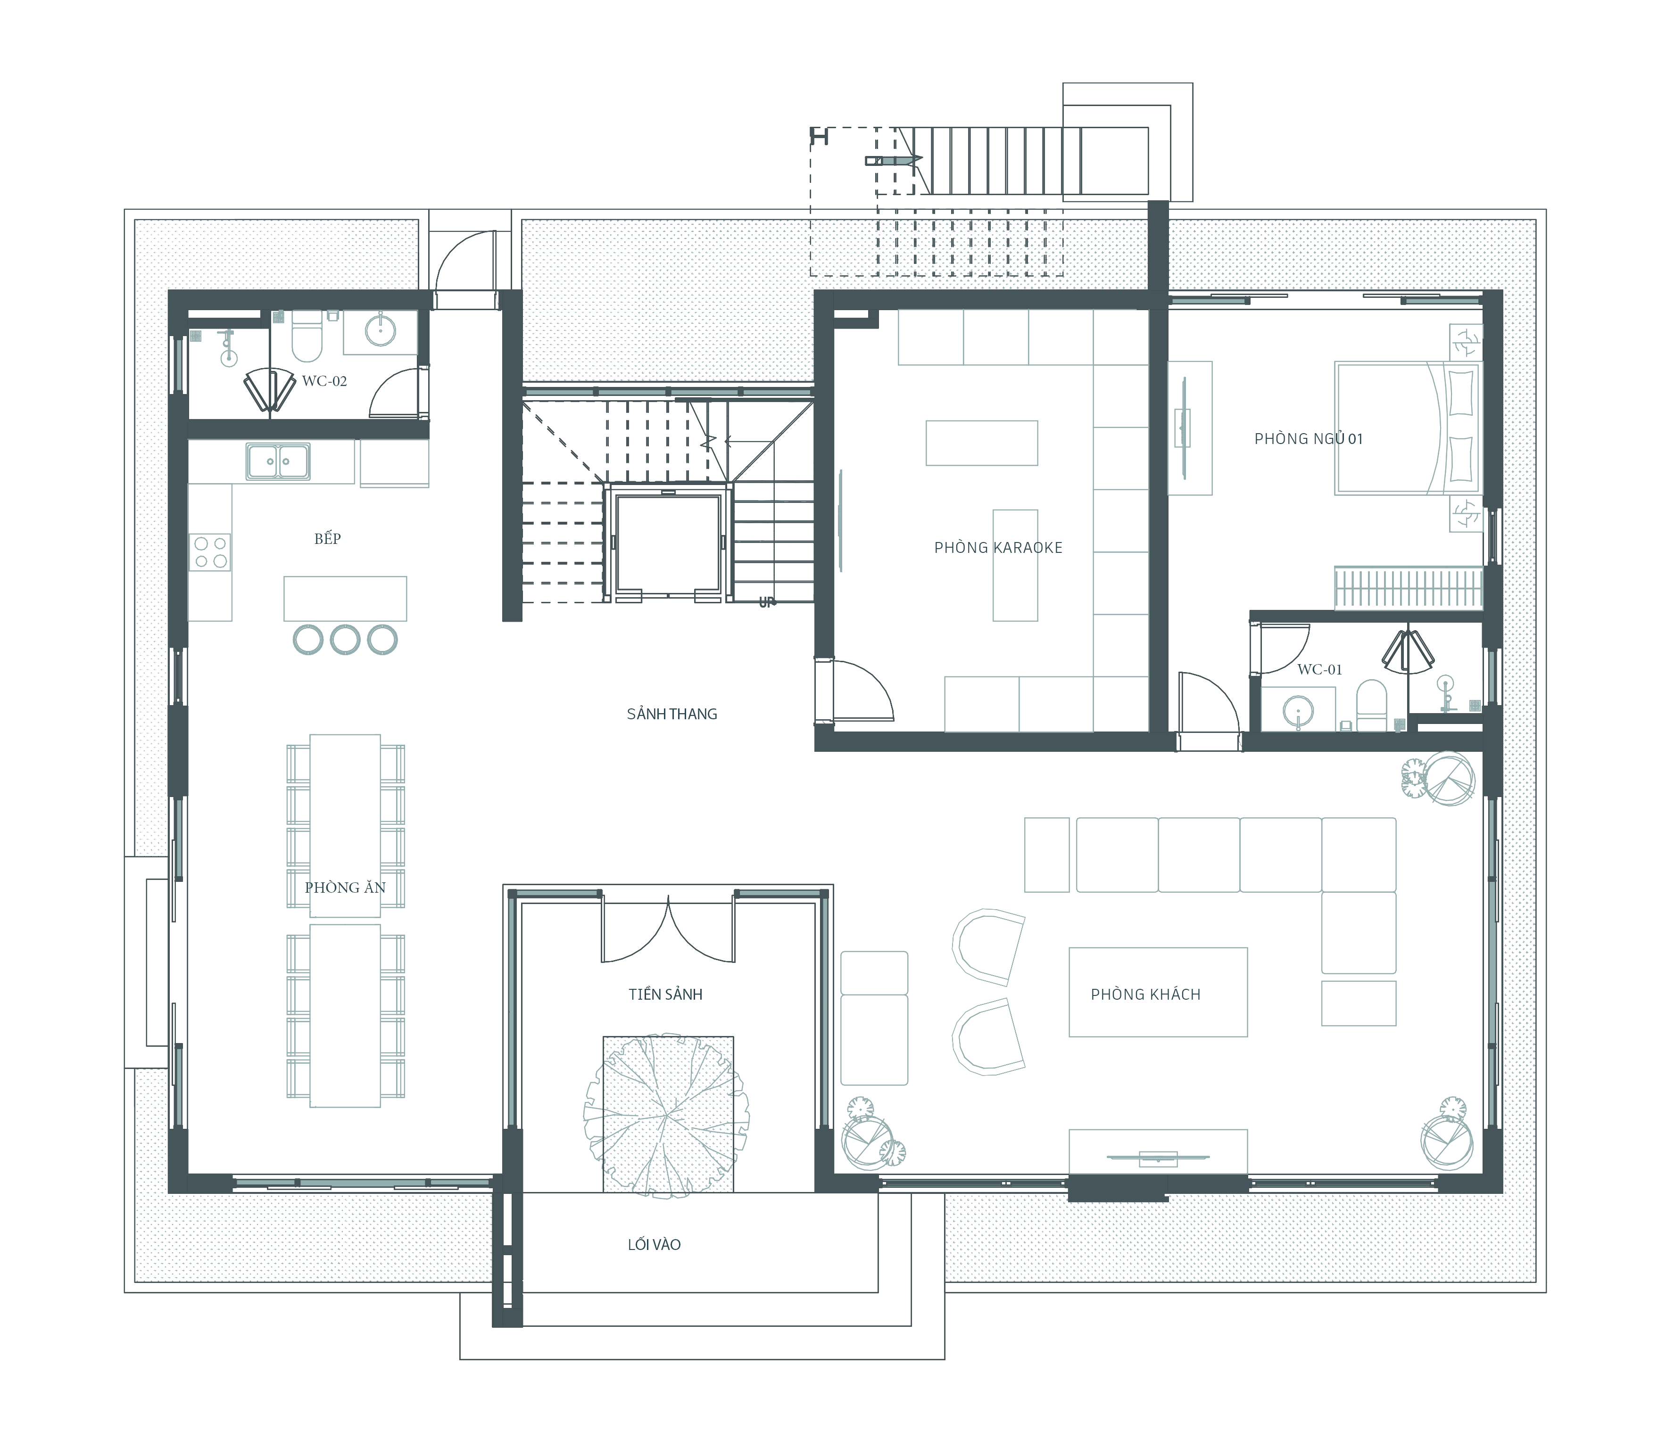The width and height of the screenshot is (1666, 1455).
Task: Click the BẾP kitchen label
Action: pos(327,538)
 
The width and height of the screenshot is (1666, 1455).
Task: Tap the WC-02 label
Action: pos(324,381)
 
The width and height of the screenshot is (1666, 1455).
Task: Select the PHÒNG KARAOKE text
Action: pos(998,547)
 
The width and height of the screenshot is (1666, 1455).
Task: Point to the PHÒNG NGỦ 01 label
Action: pos(1309,438)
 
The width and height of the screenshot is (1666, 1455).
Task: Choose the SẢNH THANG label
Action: pos(672,714)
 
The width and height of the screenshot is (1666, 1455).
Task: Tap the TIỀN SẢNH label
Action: pos(665,994)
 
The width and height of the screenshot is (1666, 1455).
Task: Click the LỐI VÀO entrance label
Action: pos(654,1244)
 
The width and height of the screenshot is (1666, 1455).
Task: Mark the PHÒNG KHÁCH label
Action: pos(1145,994)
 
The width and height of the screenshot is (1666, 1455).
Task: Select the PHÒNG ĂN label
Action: pos(345,888)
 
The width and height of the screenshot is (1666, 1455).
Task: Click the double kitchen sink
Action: pos(278,461)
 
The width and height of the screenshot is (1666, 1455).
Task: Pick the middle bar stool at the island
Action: pos(345,640)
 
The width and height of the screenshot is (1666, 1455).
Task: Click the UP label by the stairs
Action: pos(767,602)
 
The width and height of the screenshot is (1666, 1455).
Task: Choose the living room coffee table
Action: pos(1158,992)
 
